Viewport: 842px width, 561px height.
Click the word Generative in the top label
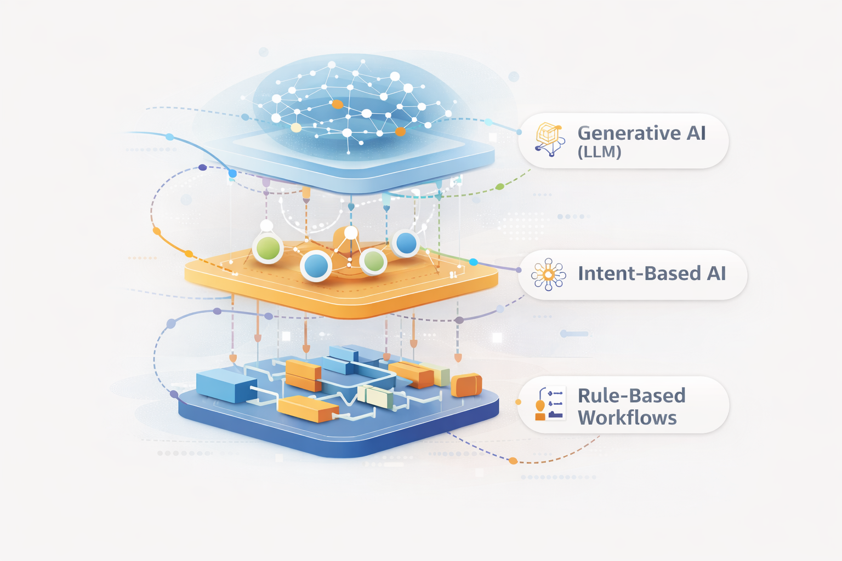pyautogui.click(x=621, y=133)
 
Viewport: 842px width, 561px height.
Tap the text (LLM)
pyautogui.click(x=599, y=152)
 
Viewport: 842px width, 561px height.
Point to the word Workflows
pyautogui.click(x=627, y=418)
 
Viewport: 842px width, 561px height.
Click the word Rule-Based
pyautogui.click(x=631, y=396)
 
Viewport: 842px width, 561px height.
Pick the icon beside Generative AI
pyautogui.click(x=550, y=139)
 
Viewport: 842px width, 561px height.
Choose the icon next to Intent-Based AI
pyautogui.click(x=549, y=274)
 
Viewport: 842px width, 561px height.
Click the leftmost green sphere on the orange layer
pyautogui.click(x=268, y=249)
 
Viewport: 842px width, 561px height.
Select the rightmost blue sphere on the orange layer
pyautogui.click(x=406, y=243)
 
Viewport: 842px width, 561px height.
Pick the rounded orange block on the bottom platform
pyautogui.click(x=466, y=385)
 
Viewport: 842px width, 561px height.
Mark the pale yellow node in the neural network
pyautogui.click(x=296, y=128)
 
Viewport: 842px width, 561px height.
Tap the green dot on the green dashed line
pyautogui.click(x=499, y=187)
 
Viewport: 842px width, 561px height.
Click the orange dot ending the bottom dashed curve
pyautogui.click(x=513, y=461)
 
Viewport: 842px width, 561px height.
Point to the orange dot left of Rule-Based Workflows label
pyautogui.click(x=518, y=402)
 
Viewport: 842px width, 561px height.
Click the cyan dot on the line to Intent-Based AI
pyautogui.click(x=474, y=262)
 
